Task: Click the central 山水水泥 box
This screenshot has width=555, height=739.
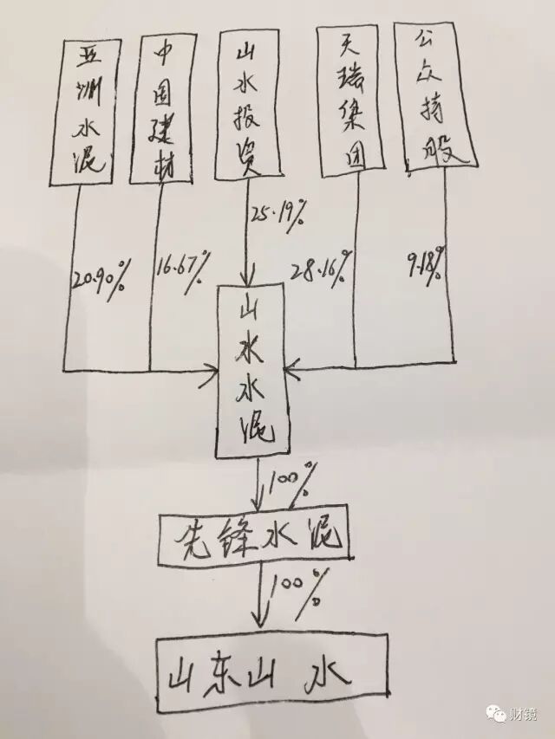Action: [254, 369]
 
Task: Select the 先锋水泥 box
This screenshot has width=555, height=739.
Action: [254, 538]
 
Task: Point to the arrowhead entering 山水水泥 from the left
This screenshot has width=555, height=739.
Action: [210, 373]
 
